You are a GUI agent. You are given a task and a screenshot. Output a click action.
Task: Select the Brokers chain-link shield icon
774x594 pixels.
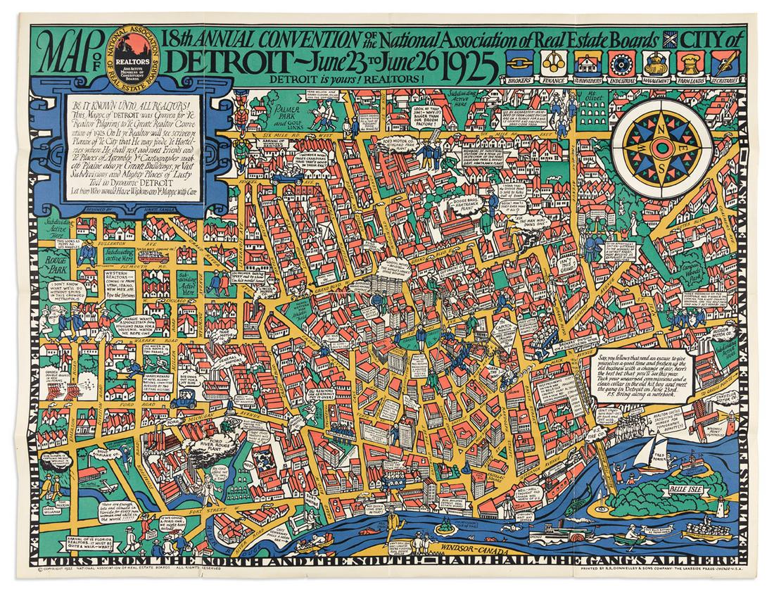coord(521,65)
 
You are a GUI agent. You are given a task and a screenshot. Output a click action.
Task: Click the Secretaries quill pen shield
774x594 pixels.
coord(724,65)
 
